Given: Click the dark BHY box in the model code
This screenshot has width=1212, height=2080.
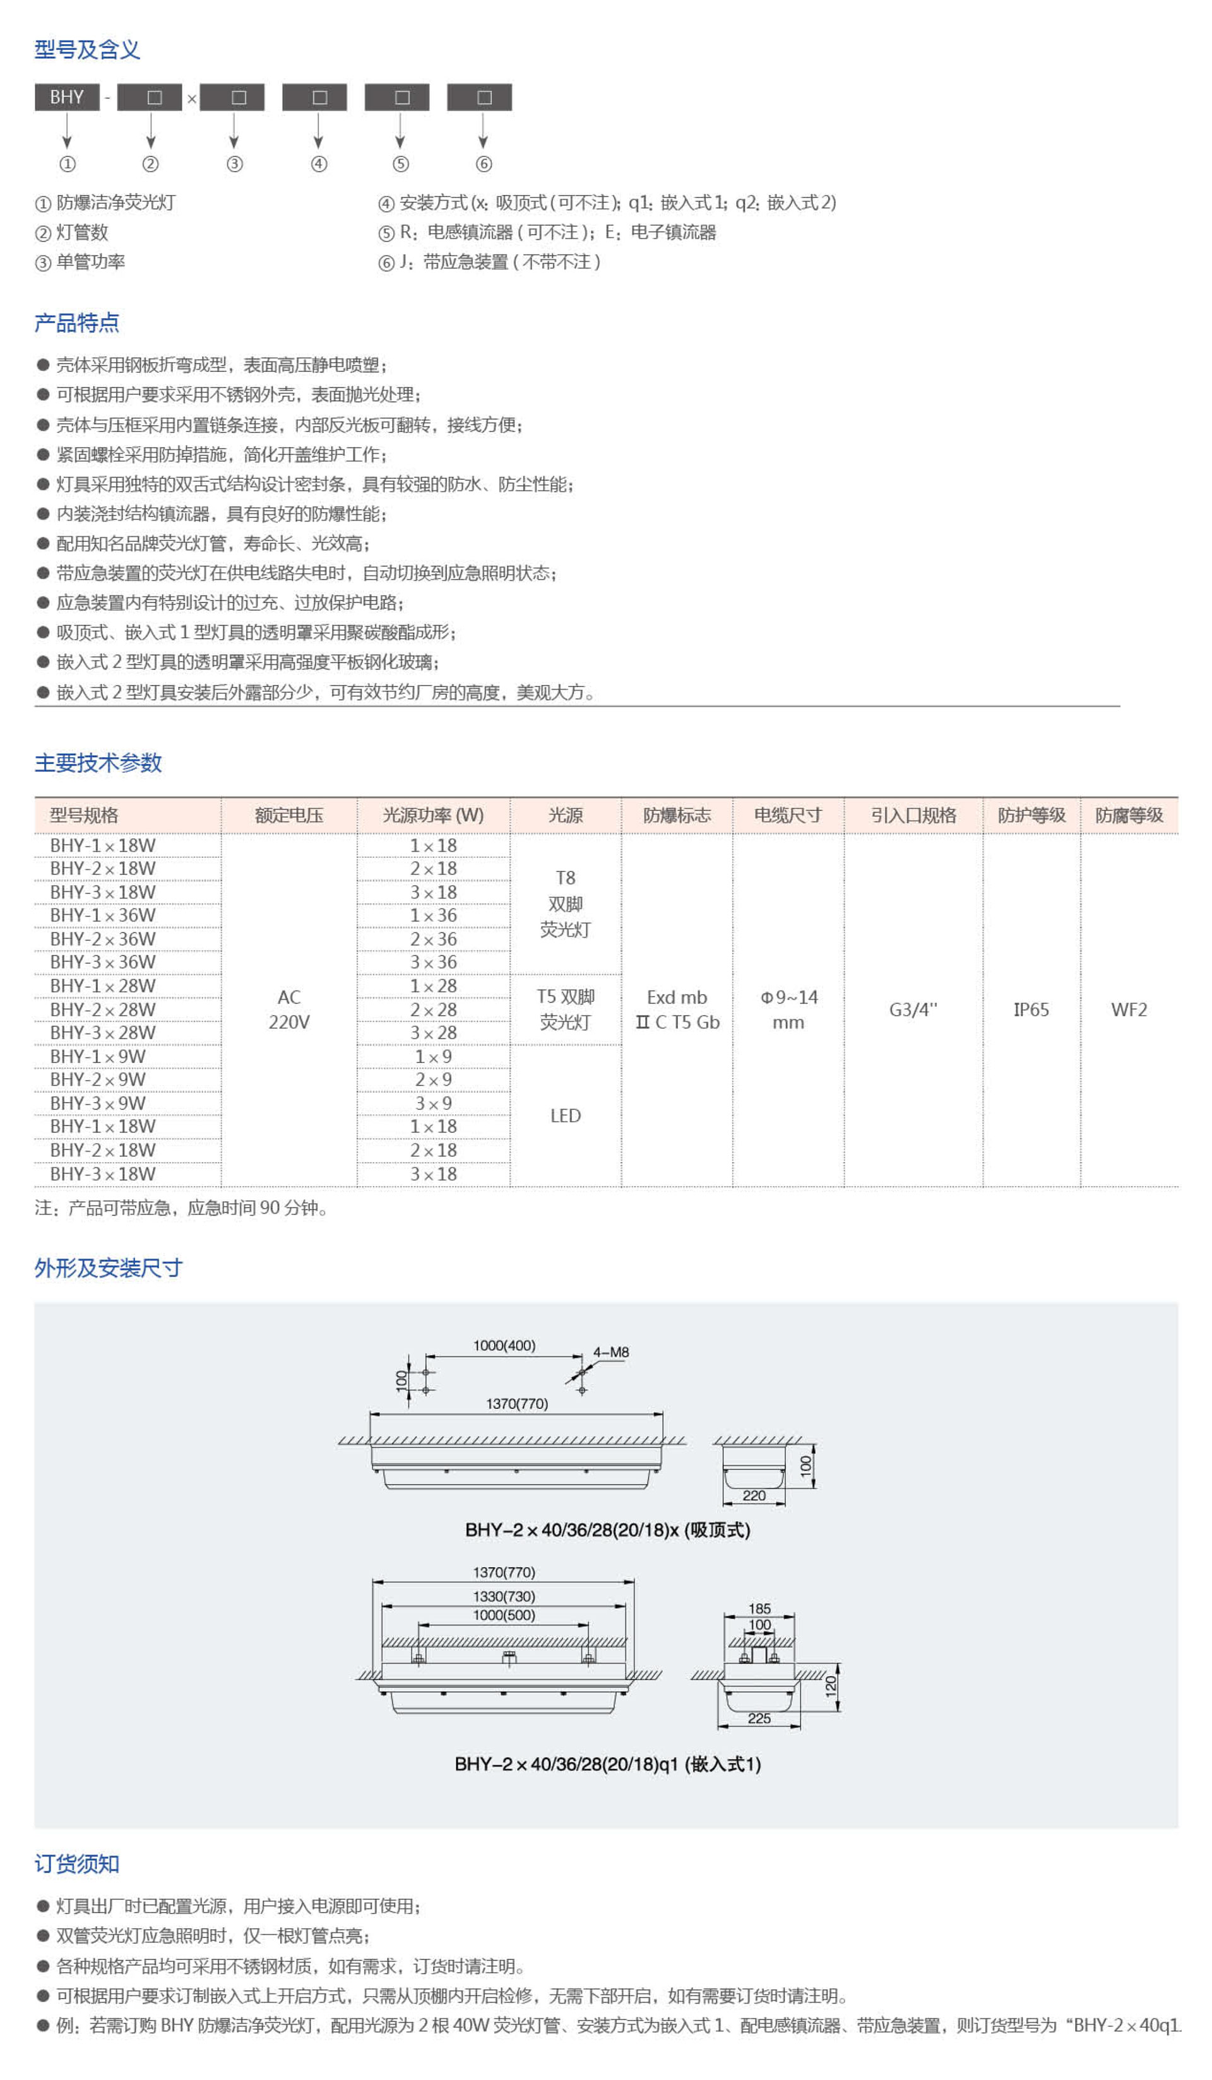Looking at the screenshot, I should pos(66,97).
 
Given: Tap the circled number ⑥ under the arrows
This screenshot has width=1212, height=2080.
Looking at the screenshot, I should pos(484,163).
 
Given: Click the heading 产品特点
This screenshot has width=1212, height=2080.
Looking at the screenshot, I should pos(77,323).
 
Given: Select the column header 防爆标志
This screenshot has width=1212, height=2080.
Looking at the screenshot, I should pos(676,816).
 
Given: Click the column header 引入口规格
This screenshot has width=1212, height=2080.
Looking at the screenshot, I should pos(913,816).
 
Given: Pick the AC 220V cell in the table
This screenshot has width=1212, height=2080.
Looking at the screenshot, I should pos(289,1009).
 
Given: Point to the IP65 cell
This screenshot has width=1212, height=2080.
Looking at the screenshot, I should pos(1031,1009).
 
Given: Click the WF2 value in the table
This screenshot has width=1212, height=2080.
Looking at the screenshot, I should pos(1129,1009).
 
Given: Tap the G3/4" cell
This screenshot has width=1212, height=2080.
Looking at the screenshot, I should pos(913,1009).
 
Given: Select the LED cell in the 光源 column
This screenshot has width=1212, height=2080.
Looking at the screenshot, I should pos(566,1116).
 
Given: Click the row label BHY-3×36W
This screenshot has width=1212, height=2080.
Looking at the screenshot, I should pos(102,963).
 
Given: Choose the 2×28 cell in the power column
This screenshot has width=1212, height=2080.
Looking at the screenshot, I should pos(434,1009).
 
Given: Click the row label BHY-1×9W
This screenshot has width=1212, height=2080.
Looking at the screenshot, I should pos(97,1057).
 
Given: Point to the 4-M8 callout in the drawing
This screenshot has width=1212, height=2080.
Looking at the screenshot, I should pos(611,1352).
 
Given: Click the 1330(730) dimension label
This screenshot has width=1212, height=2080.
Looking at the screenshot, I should pos(504,1596).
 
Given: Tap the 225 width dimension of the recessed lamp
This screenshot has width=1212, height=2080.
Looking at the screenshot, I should pos(759,1719).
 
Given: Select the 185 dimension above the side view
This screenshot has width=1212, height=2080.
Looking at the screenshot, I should pos(759,1609).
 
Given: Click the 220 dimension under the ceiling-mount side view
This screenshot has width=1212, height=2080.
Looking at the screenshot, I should pos(754,1496).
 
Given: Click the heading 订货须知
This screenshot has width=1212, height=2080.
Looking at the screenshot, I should pos(77,1864).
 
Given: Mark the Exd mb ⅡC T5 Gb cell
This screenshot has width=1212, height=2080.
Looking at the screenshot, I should pos(677,1009).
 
